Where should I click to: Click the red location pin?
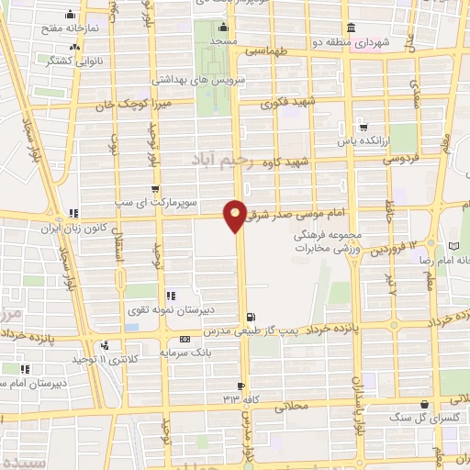235,215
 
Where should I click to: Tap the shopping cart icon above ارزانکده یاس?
364,127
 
